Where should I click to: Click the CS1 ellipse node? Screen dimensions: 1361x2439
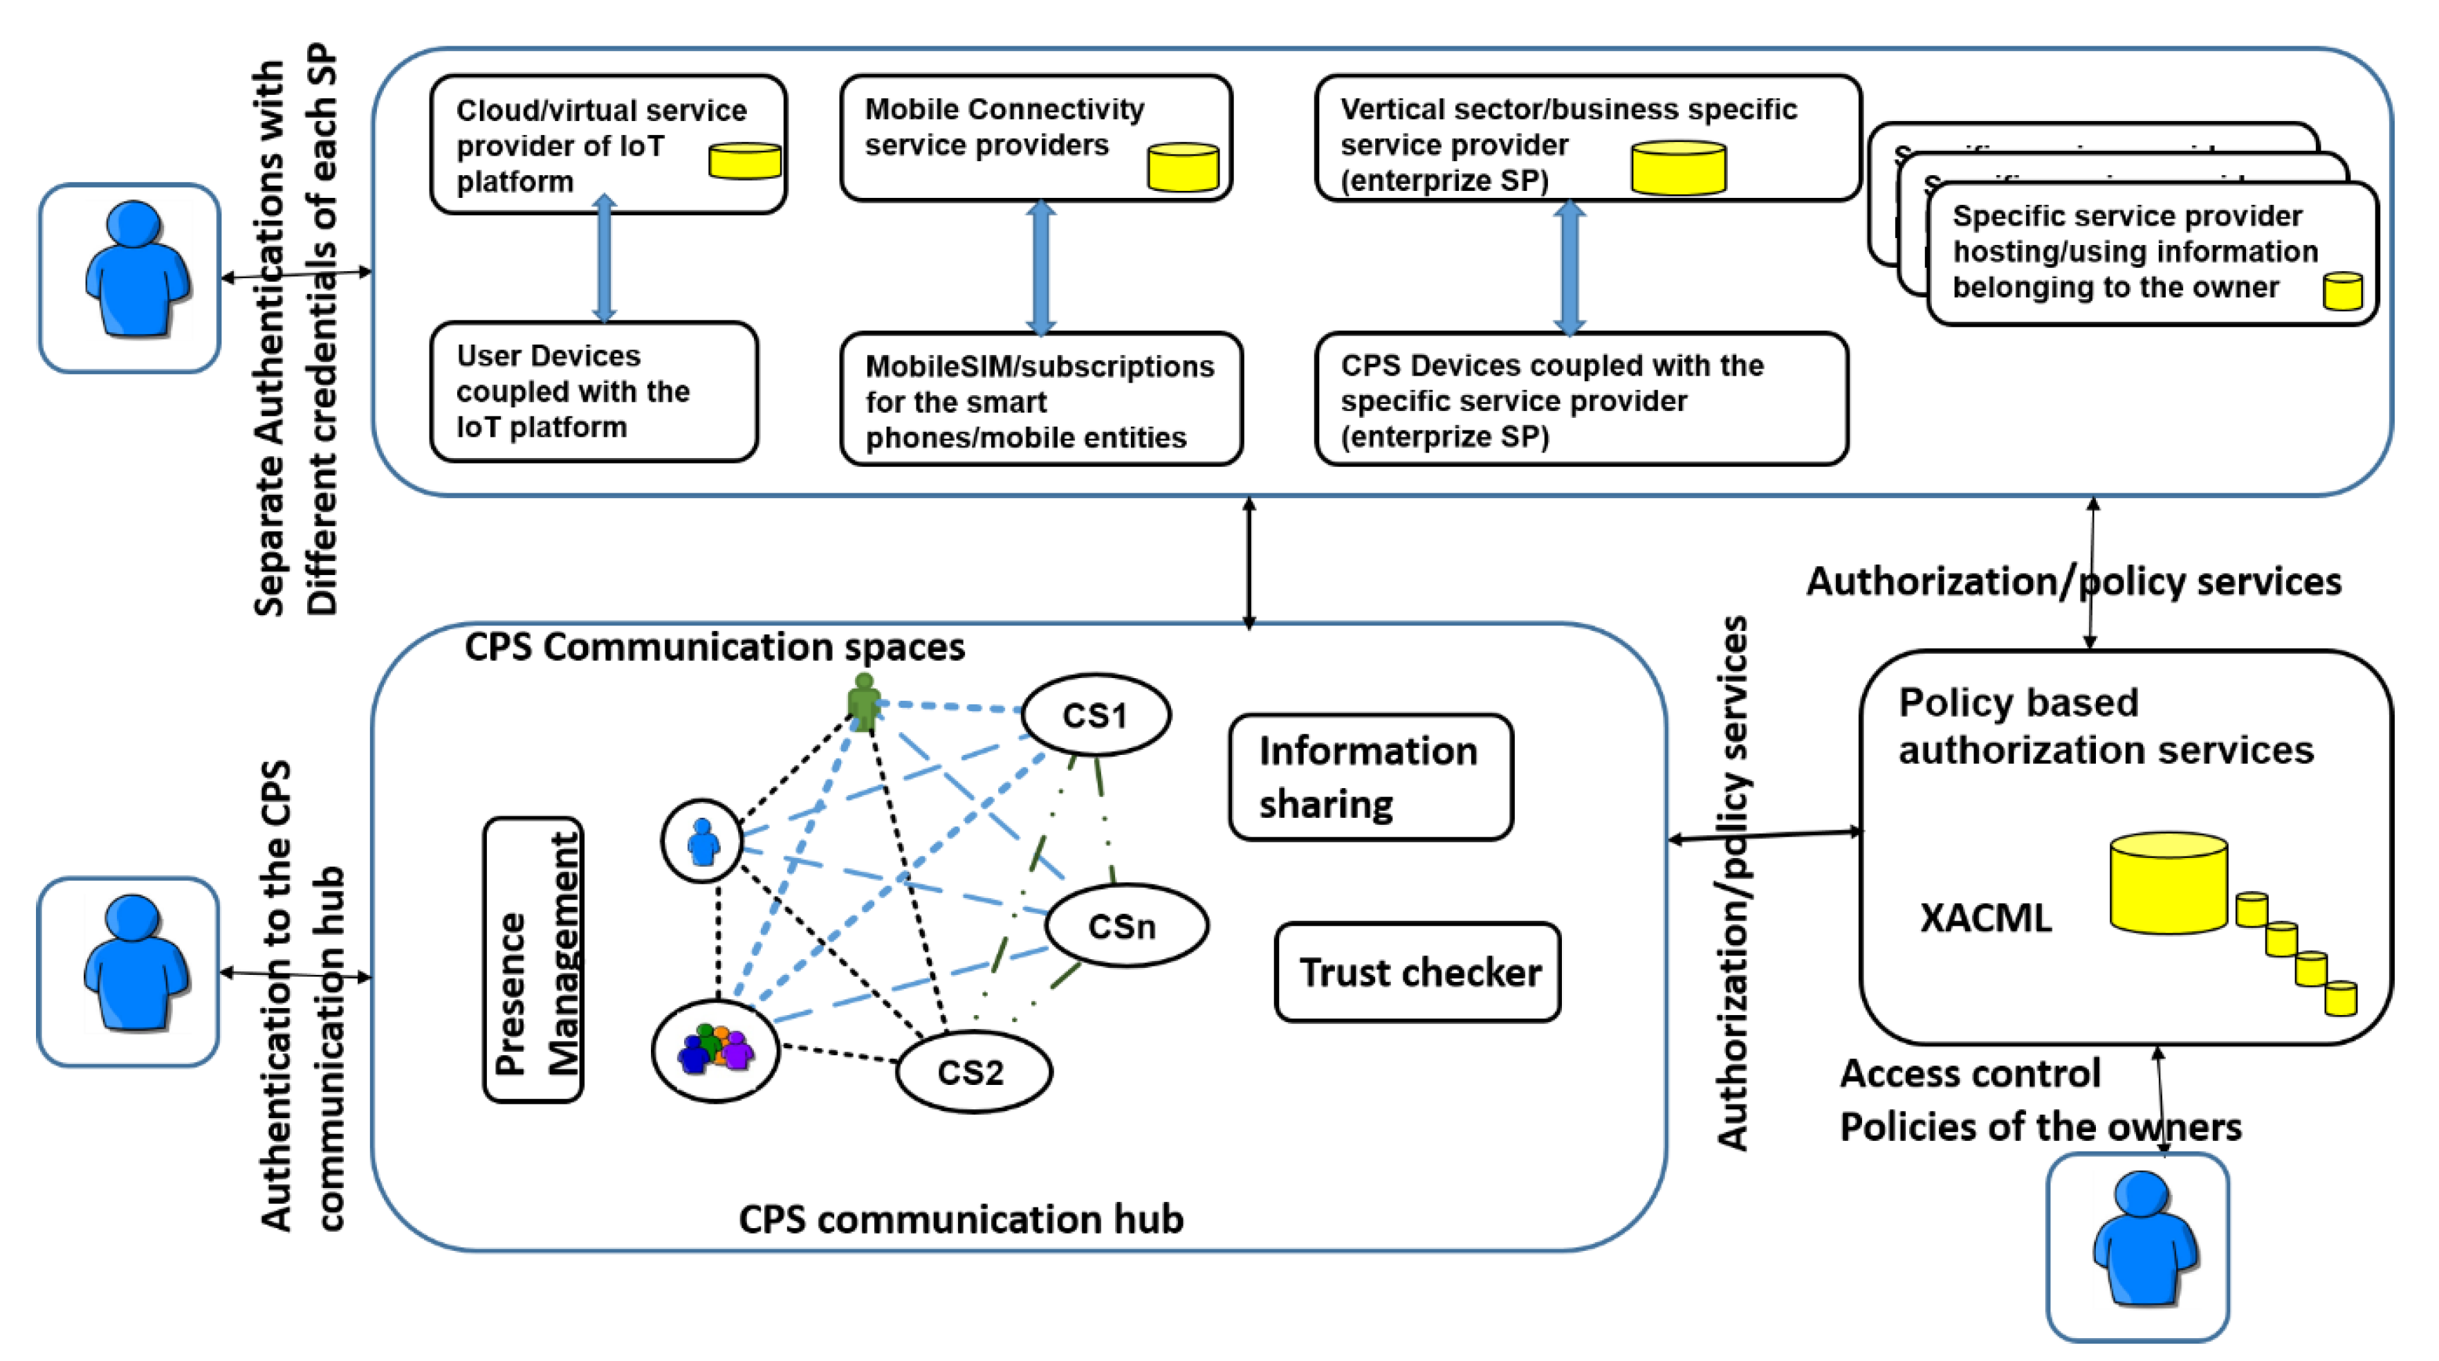pyautogui.click(x=1096, y=715)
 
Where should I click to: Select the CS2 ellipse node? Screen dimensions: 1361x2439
pyautogui.click(x=973, y=1071)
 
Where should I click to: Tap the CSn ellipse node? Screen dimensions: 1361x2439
pyautogui.click(x=1125, y=925)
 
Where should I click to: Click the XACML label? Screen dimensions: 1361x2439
pyautogui.click(x=1985, y=917)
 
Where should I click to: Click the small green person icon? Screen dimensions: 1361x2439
pyautogui.click(x=863, y=701)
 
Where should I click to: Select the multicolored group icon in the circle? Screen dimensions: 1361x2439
pyautogui.click(x=716, y=1048)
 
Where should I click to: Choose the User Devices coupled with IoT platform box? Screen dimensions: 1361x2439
pyautogui.click(x=593, y=391)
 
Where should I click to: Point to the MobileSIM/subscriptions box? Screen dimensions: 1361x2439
pyautogui.click(x=1040, y=400)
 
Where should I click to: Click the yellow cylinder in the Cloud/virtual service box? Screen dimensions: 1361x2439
pyautogui.click(x=745, y=161)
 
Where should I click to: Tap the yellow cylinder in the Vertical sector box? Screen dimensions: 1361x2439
pyautogui.click(x=1677, y=167)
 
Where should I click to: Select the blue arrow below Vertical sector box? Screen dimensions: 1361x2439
pyautogui.click(x=1569, y=267)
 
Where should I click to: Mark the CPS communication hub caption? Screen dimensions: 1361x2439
pyautogui.click(x=960, y=1219)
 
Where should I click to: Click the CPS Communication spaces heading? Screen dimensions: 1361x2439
pyautogui.click(x=714, y=647)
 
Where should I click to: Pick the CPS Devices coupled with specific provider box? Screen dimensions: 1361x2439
pyautogui.click(x=1581, y=400)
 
